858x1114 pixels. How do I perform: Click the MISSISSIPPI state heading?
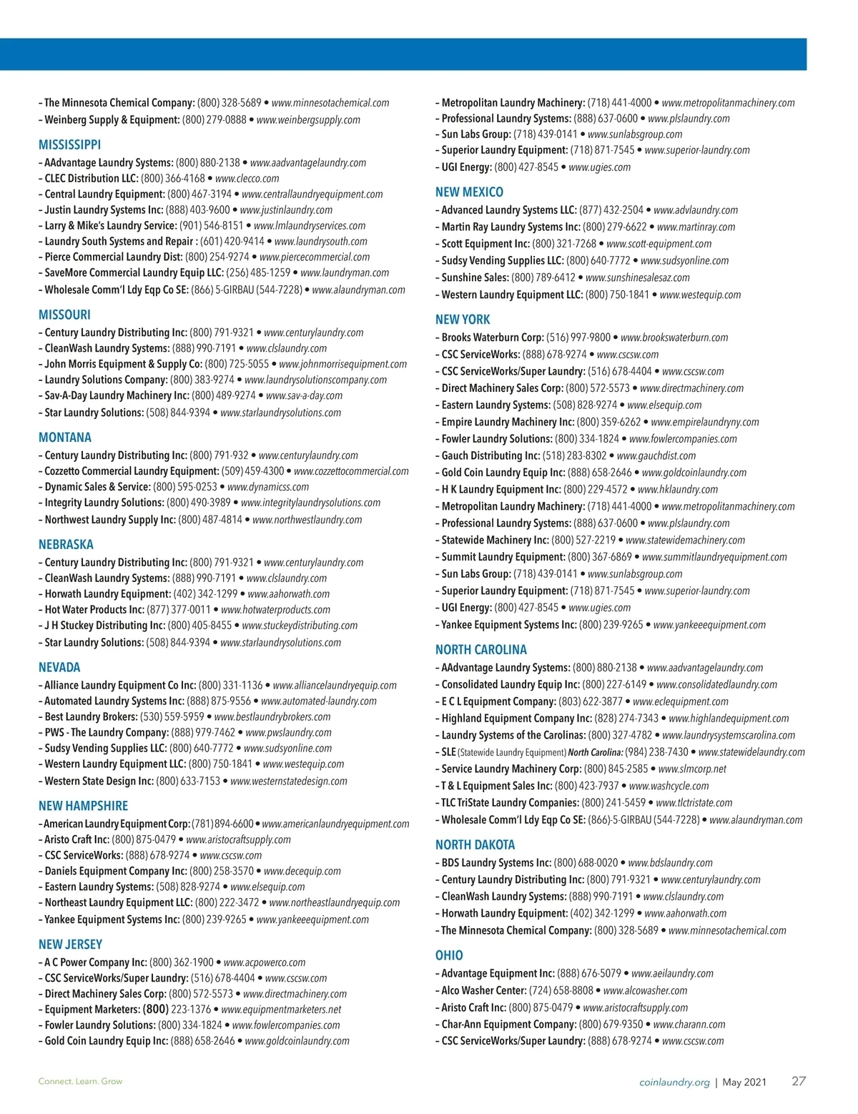tap(69, 144)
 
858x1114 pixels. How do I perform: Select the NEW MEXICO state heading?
tap(469, 192)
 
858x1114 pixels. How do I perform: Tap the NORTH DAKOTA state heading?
tap(475, 844)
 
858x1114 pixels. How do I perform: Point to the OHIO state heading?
tap(449, 955)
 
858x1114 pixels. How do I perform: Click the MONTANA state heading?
tap(64, 437)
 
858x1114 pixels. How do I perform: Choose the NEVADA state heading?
tap(59, 667)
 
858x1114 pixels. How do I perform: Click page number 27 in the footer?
tap(799, 1081)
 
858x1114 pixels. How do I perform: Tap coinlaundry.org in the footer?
tap(674, 1082)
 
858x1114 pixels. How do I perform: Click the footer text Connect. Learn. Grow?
tap(80, 1081)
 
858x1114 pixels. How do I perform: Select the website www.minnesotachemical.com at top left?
tap(330, 103)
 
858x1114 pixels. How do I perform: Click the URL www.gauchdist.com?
tap(656, 455)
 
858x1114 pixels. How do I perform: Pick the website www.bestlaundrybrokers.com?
tap(272, 716)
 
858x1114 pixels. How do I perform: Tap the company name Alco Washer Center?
tap(483, 990)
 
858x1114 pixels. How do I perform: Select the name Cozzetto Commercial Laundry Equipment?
tap(132, 471)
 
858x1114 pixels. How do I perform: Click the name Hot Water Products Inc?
tap(94, 610)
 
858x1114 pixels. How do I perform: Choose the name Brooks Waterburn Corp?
tap(492, 337)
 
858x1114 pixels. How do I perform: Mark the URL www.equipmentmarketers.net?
tap(281, 1010)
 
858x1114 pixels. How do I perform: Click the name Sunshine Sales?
tap(475, 277)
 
